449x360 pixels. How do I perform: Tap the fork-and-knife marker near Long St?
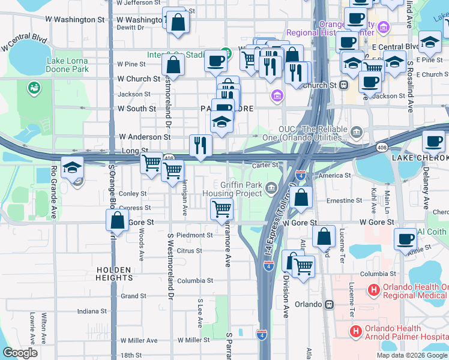pos(200,145)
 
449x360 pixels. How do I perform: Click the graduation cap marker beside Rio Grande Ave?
pos(72,168)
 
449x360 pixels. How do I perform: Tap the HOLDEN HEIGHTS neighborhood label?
pos(113,274)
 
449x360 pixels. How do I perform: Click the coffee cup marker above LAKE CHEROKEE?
pos(433,142)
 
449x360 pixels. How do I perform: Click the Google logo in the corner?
pos(20,353)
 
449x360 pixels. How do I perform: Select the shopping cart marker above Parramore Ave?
pos(221,209)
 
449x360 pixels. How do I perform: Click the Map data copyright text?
pos(411,355)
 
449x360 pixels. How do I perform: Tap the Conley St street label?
pos(133,194)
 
